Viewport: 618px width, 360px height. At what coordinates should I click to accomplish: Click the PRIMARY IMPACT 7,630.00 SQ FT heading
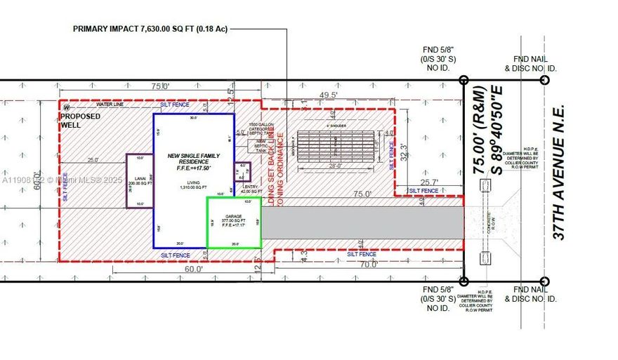click(x=151, y=29)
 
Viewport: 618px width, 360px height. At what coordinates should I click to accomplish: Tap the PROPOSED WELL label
click(x=80, y=121)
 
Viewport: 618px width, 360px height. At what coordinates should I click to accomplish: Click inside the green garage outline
click(x=233, y=222)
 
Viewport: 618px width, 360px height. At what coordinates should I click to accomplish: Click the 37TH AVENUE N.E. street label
click(x=559, y=173)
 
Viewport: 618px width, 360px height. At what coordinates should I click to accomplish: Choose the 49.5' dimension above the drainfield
click(x=329, y=95)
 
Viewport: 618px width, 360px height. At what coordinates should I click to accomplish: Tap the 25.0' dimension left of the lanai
click(x=93, y=160)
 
